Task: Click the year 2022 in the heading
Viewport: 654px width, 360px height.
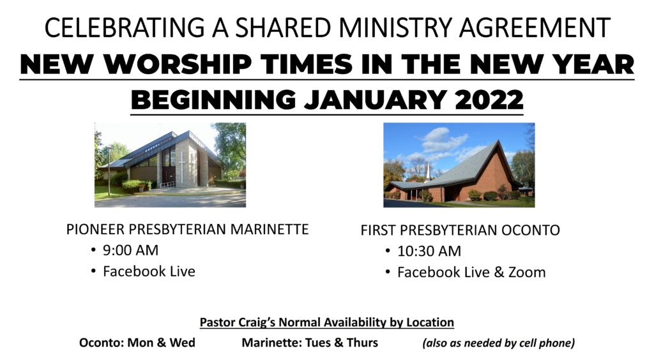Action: coord(489,100)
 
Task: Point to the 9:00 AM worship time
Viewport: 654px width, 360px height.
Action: coord(130,250)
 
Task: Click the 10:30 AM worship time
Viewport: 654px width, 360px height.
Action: coord(429,251)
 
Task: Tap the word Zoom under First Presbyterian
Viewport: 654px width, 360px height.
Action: coord(527,273)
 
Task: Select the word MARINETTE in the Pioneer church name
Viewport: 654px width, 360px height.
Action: coord(270,230)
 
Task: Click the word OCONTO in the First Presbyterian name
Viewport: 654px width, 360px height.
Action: coord(531,230)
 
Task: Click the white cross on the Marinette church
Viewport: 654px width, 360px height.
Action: coord(181,167)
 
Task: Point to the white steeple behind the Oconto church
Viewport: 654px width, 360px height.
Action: coord(427,172)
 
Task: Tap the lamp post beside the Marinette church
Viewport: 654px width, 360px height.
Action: coord(109,171)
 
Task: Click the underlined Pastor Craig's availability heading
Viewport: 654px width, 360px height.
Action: coord(326,322)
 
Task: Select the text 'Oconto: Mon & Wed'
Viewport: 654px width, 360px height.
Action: coord(137,343)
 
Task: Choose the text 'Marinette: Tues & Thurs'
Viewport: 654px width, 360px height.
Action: coord(310,343)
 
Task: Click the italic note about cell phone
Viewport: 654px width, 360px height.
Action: coord(499,343)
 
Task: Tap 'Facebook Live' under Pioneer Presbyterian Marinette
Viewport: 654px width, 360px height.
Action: coord(149,272)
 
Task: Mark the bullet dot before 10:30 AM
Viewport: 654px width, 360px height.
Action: coord(388,251)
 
